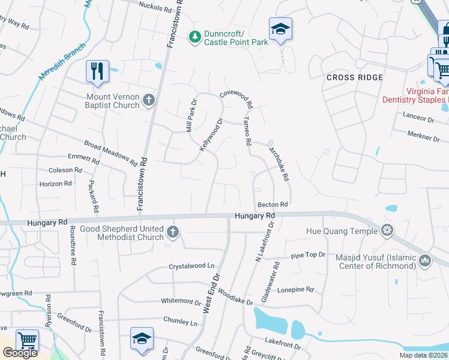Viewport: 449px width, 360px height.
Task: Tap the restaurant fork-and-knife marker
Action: click(x=96, y=70)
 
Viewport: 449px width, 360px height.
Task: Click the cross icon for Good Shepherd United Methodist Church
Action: click(x=173, y=232)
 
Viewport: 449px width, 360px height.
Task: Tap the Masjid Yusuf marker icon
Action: click(x=426, y=260)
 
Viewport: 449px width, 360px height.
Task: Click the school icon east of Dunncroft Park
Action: click(x=280, y=29)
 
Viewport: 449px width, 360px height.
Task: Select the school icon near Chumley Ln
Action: click(x=141, y=339)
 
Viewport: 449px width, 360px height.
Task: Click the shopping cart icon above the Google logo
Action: click(x=27, y=340)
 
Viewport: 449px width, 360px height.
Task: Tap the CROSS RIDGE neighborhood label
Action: click(x=355, y=77)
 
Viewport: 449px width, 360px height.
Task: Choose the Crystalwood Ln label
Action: click(x=191, y=265)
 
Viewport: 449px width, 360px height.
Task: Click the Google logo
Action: click(x=20, y=353)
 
